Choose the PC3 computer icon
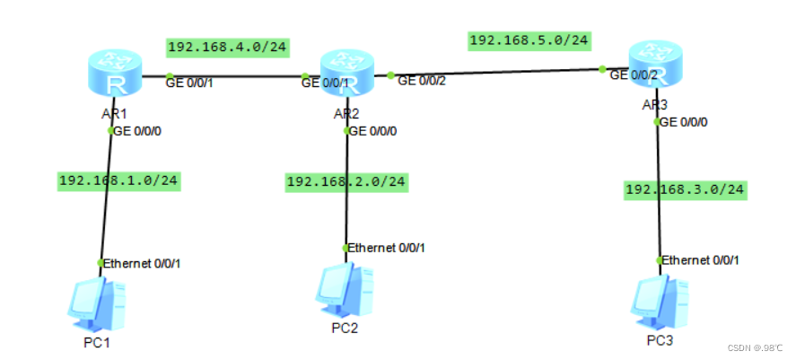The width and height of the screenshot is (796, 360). pos(660,302)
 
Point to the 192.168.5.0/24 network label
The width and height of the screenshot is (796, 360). pos(529,40)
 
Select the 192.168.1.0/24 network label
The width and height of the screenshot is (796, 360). pos(118,180)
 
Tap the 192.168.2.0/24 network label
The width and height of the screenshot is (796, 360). pos(346,181)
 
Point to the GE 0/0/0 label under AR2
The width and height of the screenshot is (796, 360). pos(373,131)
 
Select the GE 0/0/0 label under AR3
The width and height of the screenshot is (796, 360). pos(686,122)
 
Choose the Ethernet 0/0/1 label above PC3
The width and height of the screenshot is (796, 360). pos(702,260)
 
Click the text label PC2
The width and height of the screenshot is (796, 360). pos(345,328)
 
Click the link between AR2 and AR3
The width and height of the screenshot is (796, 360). pos(498,73)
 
